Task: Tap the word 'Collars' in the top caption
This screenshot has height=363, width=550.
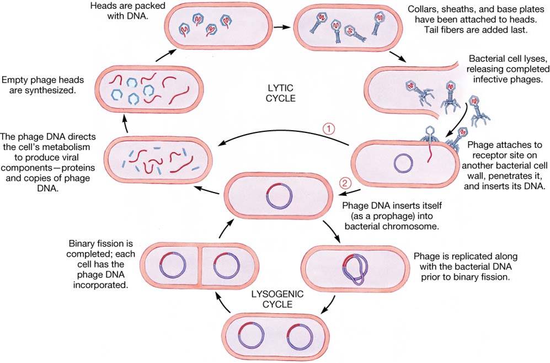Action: [x=423, y=9]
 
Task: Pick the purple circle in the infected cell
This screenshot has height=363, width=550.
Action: [x=404, y=164]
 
